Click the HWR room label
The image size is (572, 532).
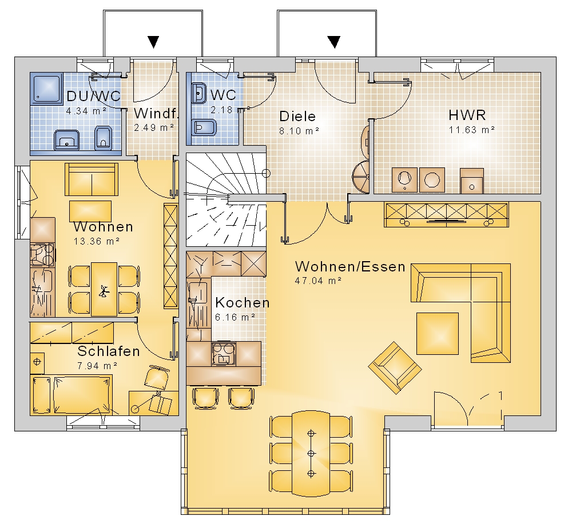467,115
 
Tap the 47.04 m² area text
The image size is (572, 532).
318,281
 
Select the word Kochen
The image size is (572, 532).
242,302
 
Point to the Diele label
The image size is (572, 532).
297,117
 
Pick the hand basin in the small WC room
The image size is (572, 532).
198,93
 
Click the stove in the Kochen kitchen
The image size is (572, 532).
224,354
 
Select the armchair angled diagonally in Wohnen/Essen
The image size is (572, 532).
395,367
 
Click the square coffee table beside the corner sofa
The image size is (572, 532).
438,333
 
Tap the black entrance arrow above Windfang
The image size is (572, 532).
153,42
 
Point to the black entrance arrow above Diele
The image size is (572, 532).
334,42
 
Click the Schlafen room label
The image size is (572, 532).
109,351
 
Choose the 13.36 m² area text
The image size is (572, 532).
97,241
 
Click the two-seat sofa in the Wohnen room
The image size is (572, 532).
92,179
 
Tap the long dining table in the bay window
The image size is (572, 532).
311,454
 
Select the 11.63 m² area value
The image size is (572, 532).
472,130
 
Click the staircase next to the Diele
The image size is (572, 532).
226,199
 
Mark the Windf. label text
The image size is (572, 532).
156,113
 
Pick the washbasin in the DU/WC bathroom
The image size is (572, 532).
67,140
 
